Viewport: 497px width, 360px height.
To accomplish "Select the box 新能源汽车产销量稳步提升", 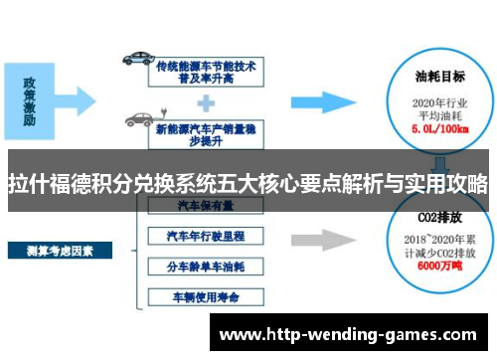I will click(206, 126).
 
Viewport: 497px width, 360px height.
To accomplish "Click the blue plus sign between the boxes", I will click(206, 100).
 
